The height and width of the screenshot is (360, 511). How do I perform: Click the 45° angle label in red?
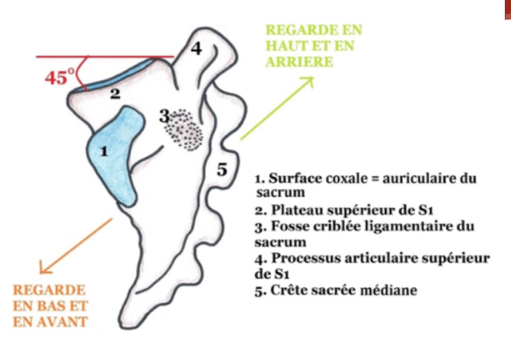(60, 76)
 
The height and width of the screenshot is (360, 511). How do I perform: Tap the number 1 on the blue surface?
(104, 151)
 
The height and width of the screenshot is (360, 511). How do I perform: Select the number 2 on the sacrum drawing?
(115, 94)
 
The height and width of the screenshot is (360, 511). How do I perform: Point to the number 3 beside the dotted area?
(165, 116)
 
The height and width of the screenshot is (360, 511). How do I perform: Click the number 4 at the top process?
(196, 48)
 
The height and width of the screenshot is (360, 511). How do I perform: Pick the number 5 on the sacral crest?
(222, 169)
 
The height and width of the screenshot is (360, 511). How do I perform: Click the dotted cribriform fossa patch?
(183, 130)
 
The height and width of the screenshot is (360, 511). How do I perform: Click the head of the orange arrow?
(44, 268)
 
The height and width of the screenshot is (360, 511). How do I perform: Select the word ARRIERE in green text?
(299, 62)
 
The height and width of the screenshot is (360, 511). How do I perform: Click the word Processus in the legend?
(306, 258)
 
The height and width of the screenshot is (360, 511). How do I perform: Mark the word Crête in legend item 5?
(288, 290)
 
